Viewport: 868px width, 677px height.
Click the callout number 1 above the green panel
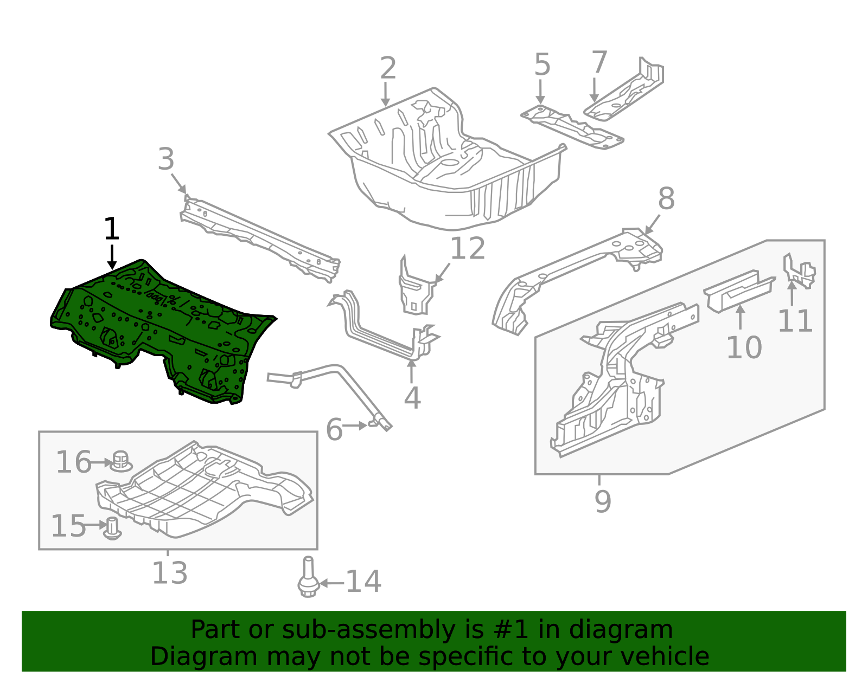pyautogui.click(x=111, y=228)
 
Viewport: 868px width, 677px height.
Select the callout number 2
pyautogui.click(x=388, y=68)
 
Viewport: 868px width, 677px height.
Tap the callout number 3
pyautogui.click(x=166, y=159)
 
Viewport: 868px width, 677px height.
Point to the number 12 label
pyautogui.click(x=467, y=248)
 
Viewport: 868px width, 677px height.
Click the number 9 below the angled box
pyautogui.click(x=603, y=501)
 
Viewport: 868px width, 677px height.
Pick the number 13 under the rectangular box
pyautogui.click(x=170, y=573)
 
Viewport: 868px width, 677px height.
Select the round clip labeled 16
pyautogui.click(x=120, y=461)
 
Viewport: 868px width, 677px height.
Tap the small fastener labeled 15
pyautogui.click(x=112, y=528)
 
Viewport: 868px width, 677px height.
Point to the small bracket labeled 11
pyautogui.click(x=798, y=271)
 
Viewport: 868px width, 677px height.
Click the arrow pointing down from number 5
pyautogui.click(x=540, y=92)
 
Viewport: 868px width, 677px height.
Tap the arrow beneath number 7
pyautogui.click(x=594, y=90)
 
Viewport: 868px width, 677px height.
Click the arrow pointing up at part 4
pyautogui.click(x=411, y=371)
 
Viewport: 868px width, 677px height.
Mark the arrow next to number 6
pyautogui.click(x=355, y=425)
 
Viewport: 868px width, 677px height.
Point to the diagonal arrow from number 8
pyautogui.click(x=652, y=224)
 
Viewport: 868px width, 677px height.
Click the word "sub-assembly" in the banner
pyautogui.click(x=368, y=630)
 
